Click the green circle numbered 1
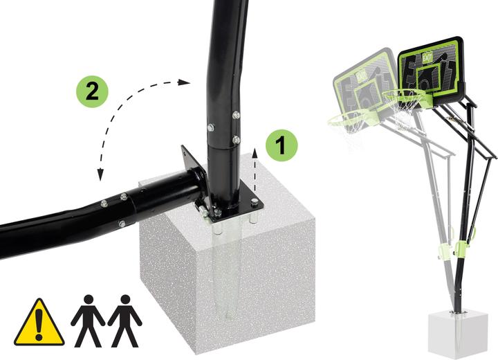pyautogui.click(x=282, y=145)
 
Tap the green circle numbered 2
pyautogui.click(x=92, y=91)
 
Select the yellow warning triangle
pyautogui.click(x=39, y=322)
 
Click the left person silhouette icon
pyautogui.click(x=88, y=321)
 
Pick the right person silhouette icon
pyautogui.click(x=124, y=321)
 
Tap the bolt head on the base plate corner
pyautogui.click(x=255, y=202)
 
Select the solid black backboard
pyautogui.click(x=431, y=71)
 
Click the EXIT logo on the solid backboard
pyautogui.click(x=427, y=57)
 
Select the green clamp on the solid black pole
pyautogui.click(x=461, y=248)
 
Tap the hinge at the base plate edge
pyautogui.click(x=201, y=209)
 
